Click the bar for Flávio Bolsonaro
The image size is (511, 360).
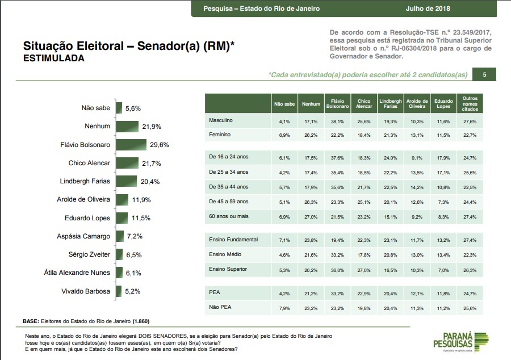[131, 145]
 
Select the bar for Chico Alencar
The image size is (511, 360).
[127, 164]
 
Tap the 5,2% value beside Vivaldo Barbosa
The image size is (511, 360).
[132, 291]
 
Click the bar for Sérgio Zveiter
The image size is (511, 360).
[119, 254]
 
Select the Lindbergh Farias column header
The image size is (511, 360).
[390, 104]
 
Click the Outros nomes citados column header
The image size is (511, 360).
[470, 104]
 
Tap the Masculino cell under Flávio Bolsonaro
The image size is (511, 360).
[338, 122]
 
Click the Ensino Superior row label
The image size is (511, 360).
[228, 269]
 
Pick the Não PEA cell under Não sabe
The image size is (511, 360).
[284, 308]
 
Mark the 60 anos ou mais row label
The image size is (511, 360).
[229, 216]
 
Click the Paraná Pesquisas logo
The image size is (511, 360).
[460, 343]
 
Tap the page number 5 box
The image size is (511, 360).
[484, 74]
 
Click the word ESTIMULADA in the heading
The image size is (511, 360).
[53, 58]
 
